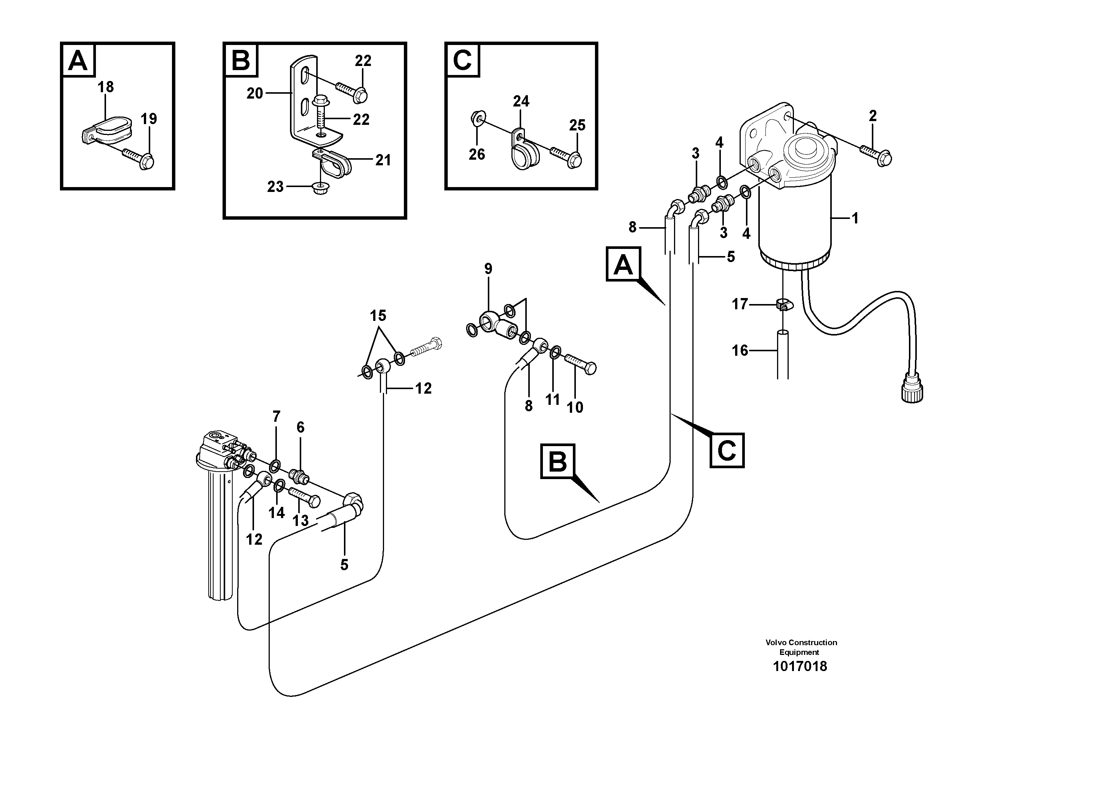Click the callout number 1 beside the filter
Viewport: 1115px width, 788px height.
tap(855, 219)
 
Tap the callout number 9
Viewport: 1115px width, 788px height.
tap(488, 269)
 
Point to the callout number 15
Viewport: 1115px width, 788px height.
tap(378, 316)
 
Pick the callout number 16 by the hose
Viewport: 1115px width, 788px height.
tap(740, 350)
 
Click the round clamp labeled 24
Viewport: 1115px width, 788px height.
tap(522, 151)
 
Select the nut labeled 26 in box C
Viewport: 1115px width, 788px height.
tap(477, 118)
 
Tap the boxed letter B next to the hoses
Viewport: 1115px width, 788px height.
tap(557, 461)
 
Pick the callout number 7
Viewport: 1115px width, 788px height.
tap(277, 416)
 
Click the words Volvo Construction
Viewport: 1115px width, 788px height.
tap(801, 642)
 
